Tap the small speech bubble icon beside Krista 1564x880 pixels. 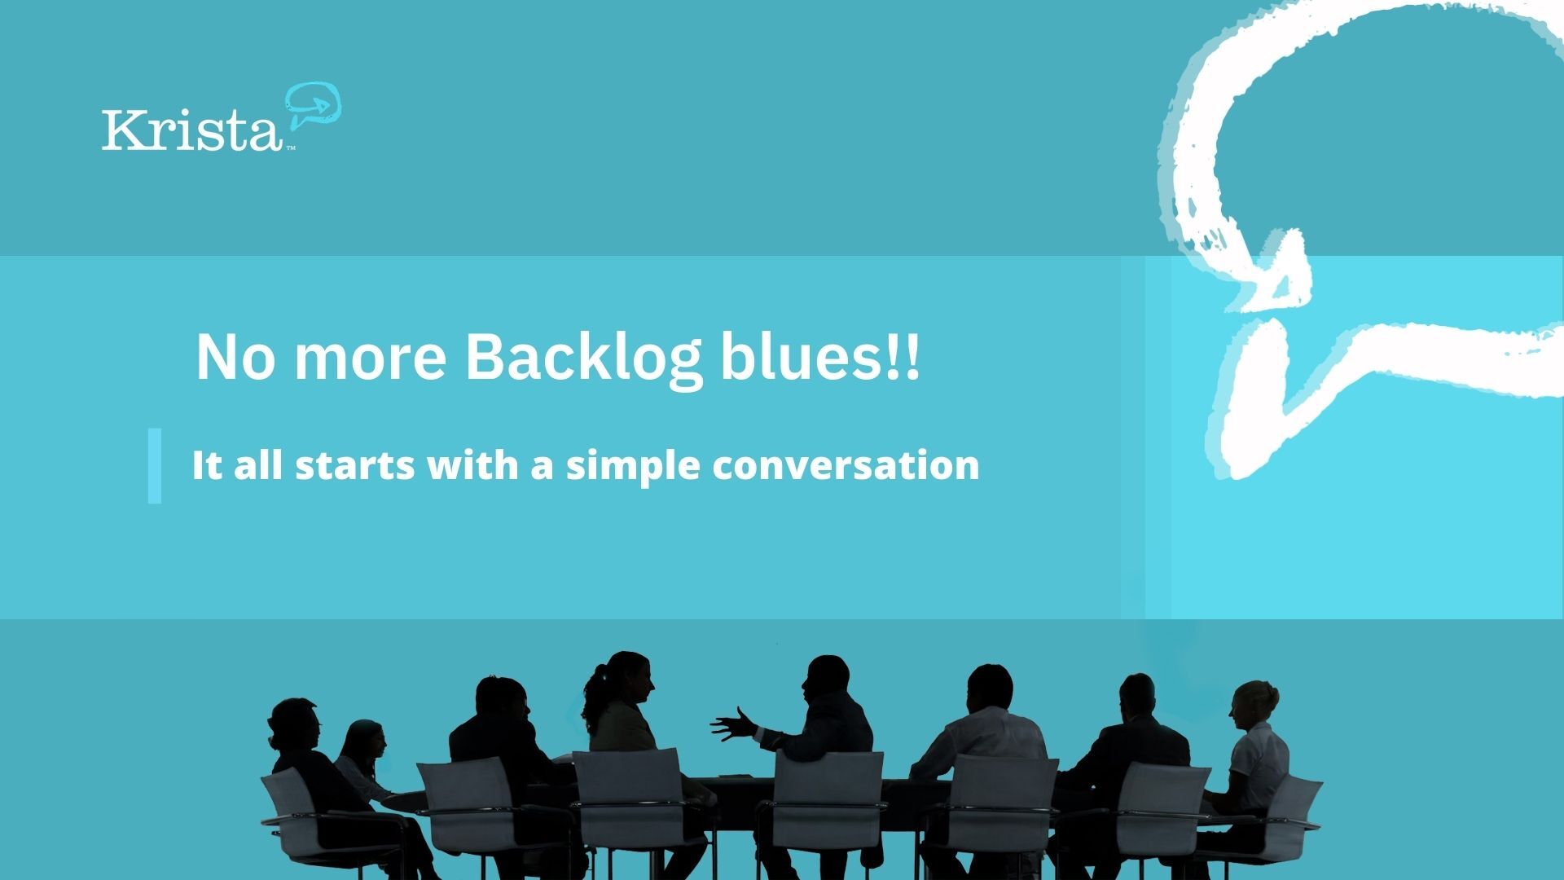pos(313,105)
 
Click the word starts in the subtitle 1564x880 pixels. pos(354,465)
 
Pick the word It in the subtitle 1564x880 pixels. pos(206,465)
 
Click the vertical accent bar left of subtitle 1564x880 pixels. pos(155,465)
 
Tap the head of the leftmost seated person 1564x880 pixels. pos(293,720)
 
